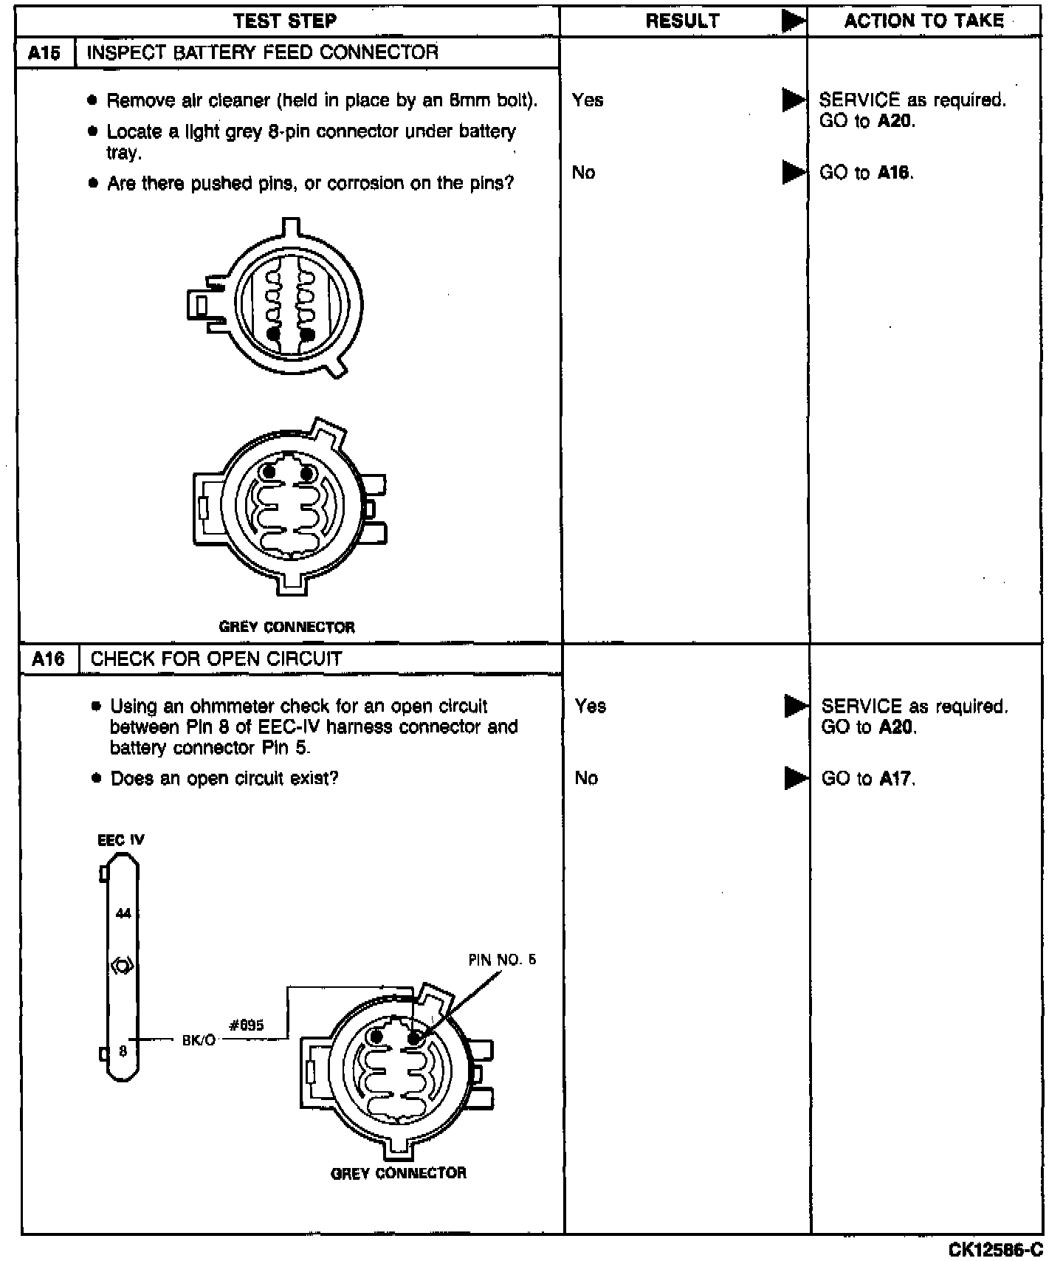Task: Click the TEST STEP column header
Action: [285, 21]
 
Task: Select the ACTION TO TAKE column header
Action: [924, 21]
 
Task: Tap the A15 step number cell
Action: [46, 53]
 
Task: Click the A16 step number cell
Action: [48, 659]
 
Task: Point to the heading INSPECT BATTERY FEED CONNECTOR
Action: [263, 52]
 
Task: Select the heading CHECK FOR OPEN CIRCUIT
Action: [216, 659]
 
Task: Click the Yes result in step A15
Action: [588, 100]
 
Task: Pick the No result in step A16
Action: [586, 778]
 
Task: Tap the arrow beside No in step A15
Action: [794, 173]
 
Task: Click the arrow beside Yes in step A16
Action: [797, 707]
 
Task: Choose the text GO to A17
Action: [868, 779]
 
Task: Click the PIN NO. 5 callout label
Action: [502, 960]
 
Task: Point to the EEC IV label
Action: [121, 840]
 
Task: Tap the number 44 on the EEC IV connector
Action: [123, 914]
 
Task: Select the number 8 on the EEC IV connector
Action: [123, 1051]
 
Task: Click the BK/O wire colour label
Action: [199, 1040]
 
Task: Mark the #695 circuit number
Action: [247, 1025]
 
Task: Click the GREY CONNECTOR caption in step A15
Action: [287, 628]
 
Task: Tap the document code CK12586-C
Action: [996, 1248]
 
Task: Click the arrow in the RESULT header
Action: [794, 21]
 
